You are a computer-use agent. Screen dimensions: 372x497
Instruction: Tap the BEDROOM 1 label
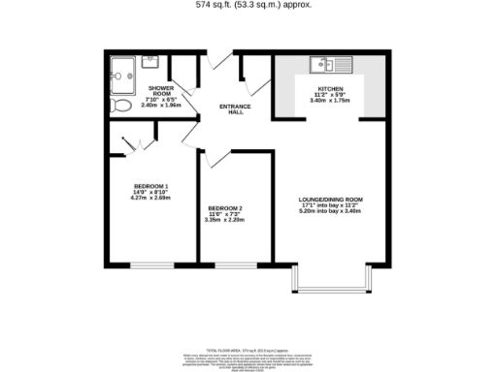pyautogui.click(x=152, y=186)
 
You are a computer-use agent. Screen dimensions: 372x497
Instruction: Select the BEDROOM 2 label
pyautogui.click(x=224, y=209)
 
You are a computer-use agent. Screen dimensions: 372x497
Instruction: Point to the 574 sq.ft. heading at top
pyautogui.click(x=248, y=5)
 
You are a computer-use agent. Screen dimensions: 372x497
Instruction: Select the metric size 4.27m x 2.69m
pyautogui.click(x=151, y=198)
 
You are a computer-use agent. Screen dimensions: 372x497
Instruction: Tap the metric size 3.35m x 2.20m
pyautogui.click(x=224, y=221)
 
